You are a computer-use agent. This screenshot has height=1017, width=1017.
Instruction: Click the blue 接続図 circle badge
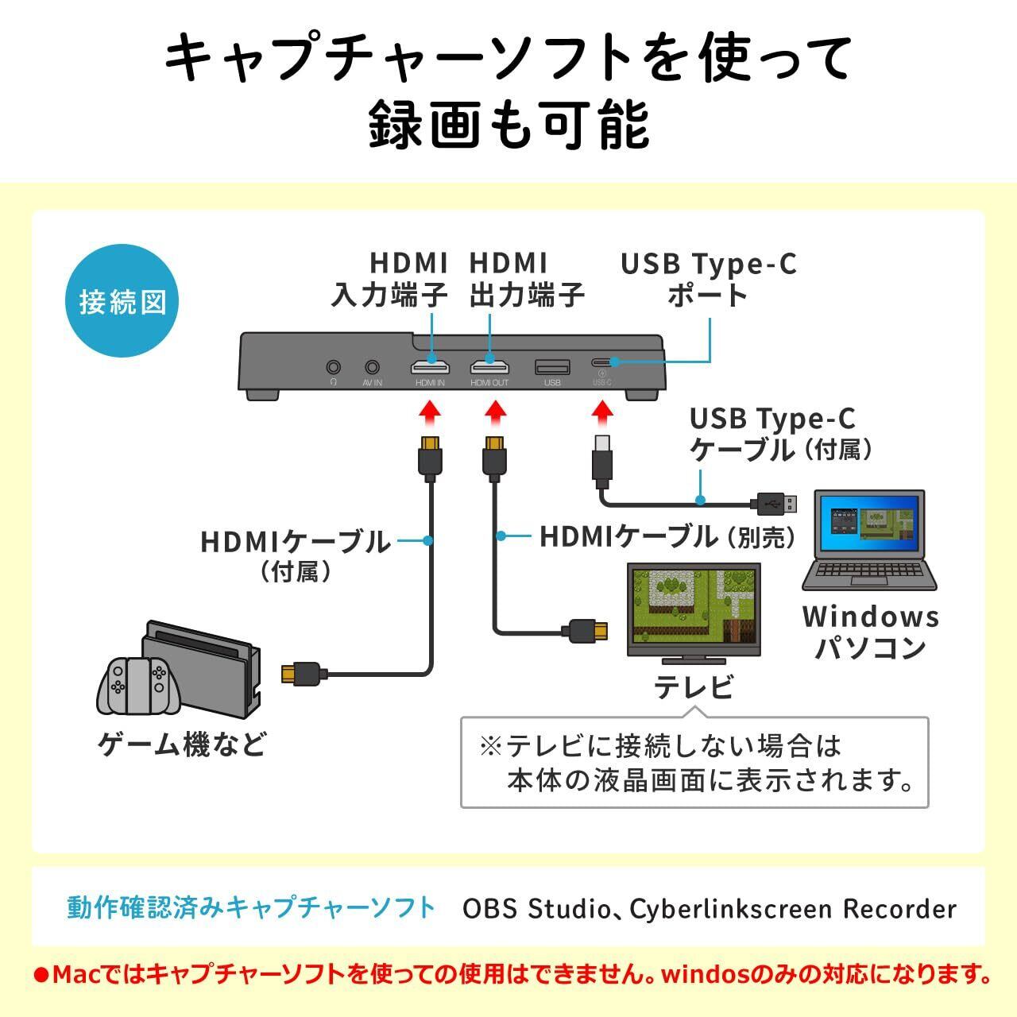[122, 302]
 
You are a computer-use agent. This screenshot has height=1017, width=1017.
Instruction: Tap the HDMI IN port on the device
[430, 367]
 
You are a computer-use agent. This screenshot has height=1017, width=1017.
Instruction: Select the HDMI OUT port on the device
[489, 367]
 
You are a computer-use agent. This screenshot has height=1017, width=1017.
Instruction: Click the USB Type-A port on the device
[552, 367]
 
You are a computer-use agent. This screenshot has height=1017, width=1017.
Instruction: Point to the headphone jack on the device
[334, 367]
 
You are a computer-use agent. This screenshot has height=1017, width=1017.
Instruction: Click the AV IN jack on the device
[372, 367]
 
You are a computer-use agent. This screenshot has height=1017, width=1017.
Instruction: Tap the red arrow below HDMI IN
[430, 412]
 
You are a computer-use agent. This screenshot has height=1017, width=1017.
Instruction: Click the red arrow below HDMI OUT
[495, 412]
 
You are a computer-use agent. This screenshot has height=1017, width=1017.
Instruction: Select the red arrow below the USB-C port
[602, 412]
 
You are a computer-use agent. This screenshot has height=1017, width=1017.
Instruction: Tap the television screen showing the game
[693, 604]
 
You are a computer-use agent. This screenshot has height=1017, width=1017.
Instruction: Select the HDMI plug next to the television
[589, 631]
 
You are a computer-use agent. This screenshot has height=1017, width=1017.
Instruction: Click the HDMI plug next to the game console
[301, 673]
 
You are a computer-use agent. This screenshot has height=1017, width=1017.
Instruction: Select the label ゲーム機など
[182, 744]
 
